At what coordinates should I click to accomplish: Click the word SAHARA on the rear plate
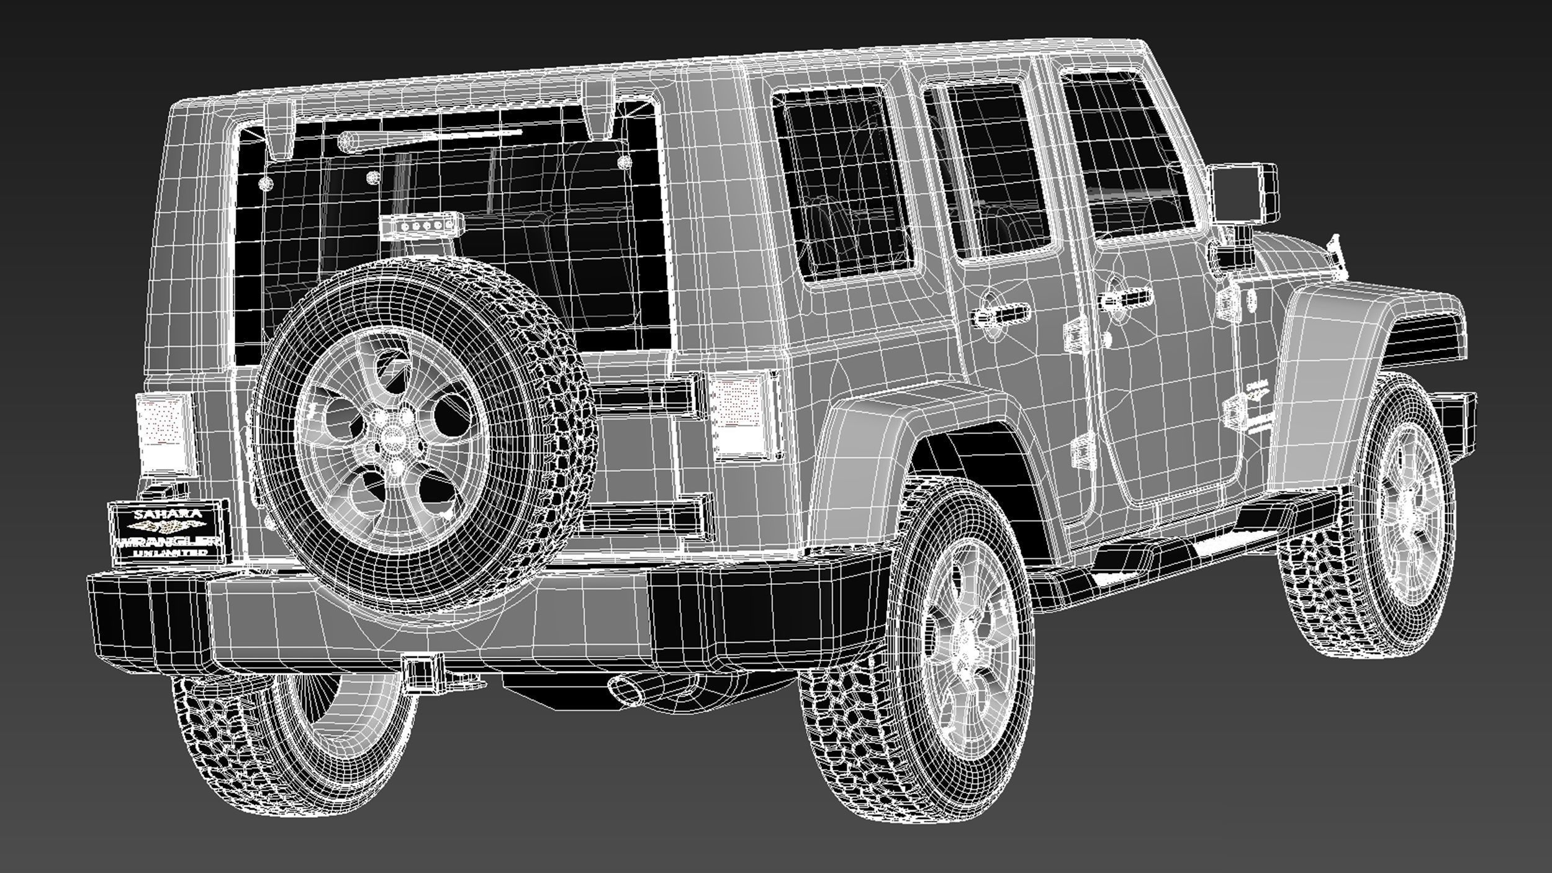(168, 514)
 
